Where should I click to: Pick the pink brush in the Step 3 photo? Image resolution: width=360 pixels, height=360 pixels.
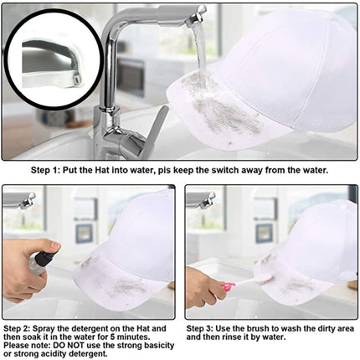pos(228,287)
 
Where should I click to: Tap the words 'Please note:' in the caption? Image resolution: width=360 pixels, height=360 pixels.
pos(24,345)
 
